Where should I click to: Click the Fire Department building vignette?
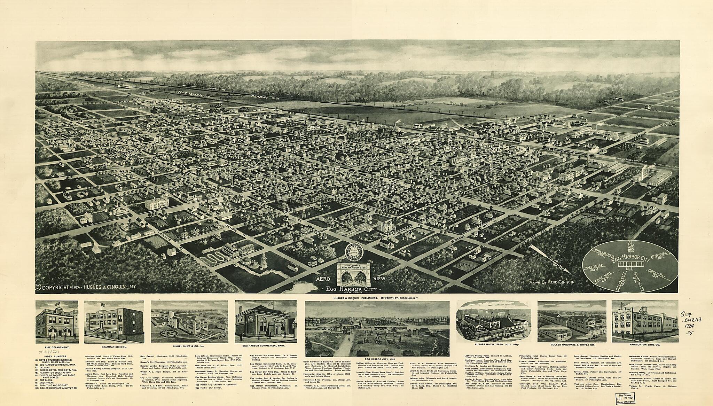coord(57,322)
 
